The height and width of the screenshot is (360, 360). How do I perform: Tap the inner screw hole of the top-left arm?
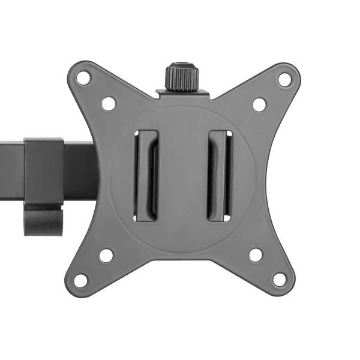click(x=108, y=103)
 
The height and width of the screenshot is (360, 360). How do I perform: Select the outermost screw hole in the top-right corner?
click(x=284, y=78)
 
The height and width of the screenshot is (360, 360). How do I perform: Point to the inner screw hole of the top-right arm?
click(x=259, y=104)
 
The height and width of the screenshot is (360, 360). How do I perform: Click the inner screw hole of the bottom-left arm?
click(x=106, y=255)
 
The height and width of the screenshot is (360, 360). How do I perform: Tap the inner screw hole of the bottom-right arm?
click(x=256, y=254)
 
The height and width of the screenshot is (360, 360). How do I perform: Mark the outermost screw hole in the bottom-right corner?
click(x=280, y=280)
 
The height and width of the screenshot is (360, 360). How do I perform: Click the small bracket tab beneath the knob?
click(x=182, y=94)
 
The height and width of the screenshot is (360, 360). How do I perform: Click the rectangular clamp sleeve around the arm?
click(x=44, y=172)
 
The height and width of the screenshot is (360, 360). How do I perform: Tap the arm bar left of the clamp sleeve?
click(x=11, y=171)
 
